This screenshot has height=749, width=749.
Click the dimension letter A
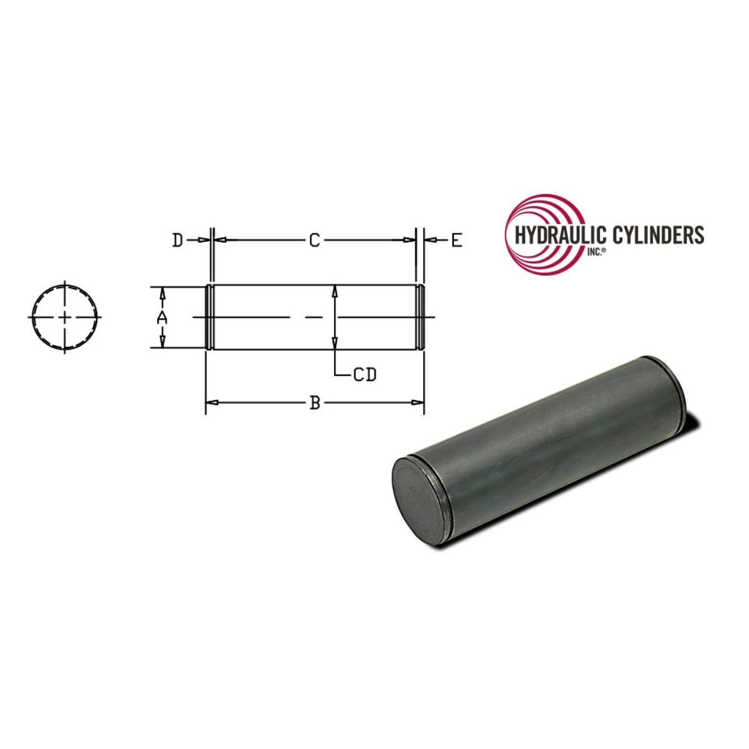click(x=162, y=318)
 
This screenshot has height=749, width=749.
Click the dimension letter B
click(x=315, y=403)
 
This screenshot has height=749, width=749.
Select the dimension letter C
click(x=315, y=240)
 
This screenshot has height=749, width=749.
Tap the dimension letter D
click(x=178, y=240)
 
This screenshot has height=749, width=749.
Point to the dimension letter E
click(x=457, y=240)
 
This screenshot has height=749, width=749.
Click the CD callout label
click(x=365, y=375)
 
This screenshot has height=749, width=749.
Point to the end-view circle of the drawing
click(x=66, y=317)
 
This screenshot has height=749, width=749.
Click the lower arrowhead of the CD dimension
click(x=335, y=342)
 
